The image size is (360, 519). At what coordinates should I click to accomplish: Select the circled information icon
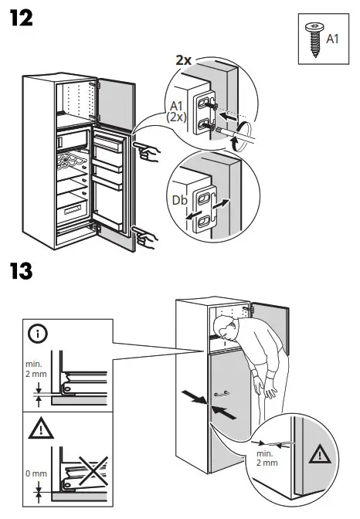36,334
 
